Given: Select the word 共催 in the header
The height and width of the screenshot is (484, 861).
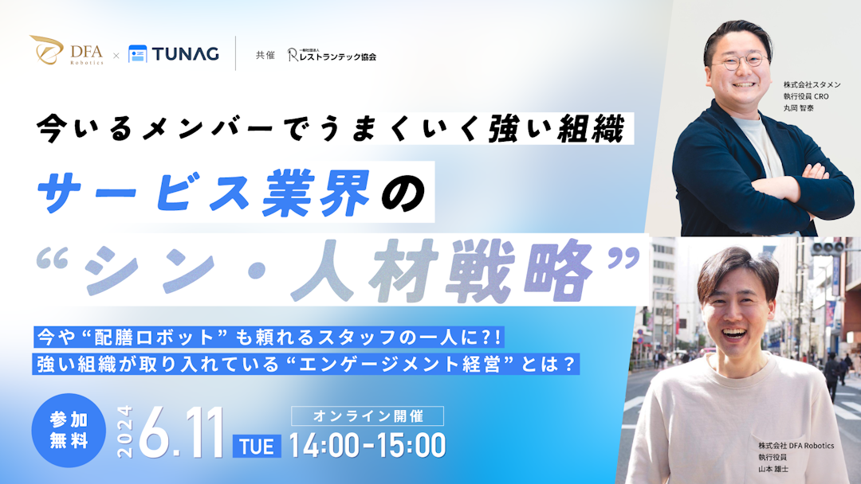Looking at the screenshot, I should coord(265,56).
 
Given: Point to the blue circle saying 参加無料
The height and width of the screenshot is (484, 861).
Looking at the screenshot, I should coord(68,431).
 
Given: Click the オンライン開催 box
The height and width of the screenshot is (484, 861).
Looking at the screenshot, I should coord(368,416).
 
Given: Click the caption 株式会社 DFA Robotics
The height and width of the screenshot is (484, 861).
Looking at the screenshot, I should coord(796,446).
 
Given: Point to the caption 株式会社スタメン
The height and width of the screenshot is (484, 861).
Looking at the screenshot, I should coord(812,84).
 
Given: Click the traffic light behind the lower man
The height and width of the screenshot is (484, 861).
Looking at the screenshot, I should coord(827,249).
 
